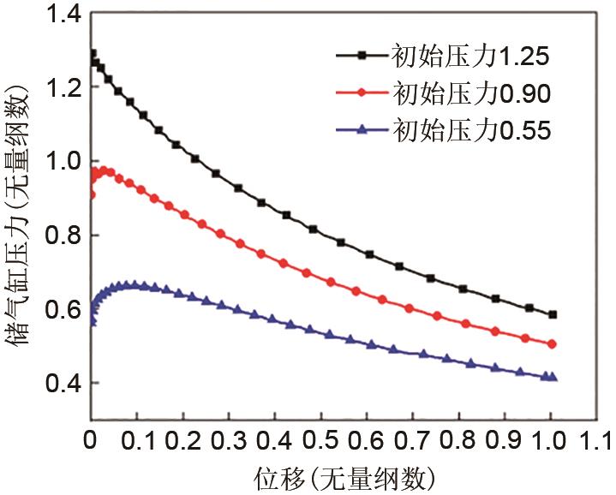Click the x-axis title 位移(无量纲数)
(342, 475)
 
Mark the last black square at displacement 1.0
(553, 315)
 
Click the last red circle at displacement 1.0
(553, 344)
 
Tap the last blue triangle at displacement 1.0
(553, 377)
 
